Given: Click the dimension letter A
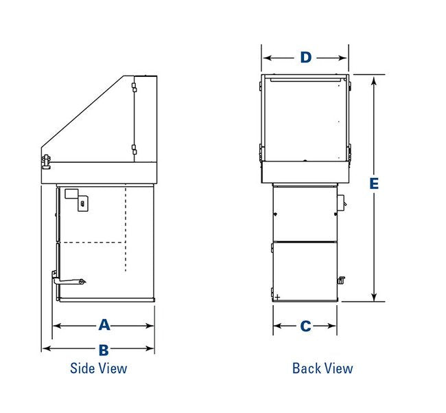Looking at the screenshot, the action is click(104, 325).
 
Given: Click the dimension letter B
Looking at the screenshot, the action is click(104, 350).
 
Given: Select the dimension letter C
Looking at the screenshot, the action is click(305, 326).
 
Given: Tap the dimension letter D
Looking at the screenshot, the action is click(306, 58).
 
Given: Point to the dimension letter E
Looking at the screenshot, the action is click(374, 183).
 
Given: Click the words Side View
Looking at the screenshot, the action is click(98, 368).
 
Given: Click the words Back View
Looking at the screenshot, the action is click(322, 368).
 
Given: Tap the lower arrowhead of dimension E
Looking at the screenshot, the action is click(374, 296).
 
